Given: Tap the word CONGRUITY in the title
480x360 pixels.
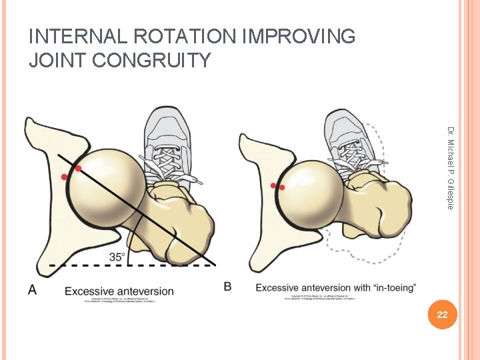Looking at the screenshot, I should (153, 61).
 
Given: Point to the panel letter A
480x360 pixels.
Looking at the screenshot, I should (32, 289).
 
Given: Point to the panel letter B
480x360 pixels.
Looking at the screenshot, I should (228, 287).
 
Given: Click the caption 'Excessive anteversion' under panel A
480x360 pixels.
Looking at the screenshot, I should (119, 291).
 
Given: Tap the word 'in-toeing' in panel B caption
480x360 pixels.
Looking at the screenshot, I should (393, 288).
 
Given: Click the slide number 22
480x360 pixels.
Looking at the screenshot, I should (442, 315).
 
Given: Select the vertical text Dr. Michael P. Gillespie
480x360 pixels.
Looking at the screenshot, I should (451, 167).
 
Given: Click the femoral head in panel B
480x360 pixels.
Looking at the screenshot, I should (308, 191).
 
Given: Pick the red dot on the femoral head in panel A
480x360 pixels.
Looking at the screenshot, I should (78, 169).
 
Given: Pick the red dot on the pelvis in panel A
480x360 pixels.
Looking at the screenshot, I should (65, 177).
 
